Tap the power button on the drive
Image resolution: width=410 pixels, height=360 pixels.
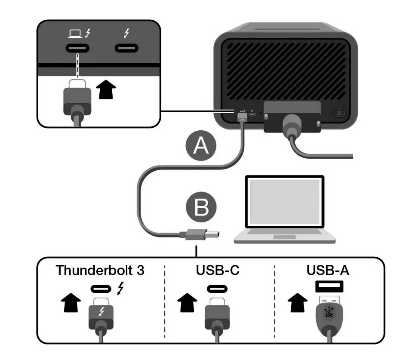point(339,114)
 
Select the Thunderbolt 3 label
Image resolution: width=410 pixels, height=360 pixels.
point(100,270)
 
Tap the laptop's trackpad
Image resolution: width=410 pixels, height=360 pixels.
point(284,237)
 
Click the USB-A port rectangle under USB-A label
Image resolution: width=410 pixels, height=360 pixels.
point(329,286)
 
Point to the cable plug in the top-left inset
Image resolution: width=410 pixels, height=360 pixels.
point(77,97)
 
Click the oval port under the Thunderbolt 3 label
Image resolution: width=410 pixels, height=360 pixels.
point(100,288)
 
